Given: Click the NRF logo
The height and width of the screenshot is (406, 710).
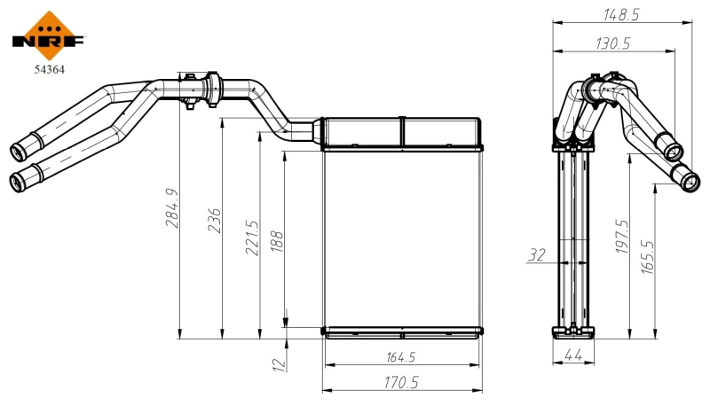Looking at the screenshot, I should pyautogui.click(x=50, y=34).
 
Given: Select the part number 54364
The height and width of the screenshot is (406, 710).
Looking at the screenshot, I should pyautogui.click(x=50, y=66).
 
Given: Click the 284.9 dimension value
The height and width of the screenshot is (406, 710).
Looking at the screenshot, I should pyautogui.click(x=172, y=207).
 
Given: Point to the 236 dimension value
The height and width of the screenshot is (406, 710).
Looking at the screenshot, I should pyautogui.click(x=214, y=221).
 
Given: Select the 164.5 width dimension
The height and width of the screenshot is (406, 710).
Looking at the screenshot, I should pyautogui.click(x=402, y=357).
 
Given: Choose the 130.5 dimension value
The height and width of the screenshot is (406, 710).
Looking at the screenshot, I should pyautogui.click(x=613, y=43).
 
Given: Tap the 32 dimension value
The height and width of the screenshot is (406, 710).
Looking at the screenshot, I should pyautogui.click(x=537, y=255).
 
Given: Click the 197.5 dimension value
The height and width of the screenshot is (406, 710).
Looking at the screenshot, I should pyautogui.click(x=621, y=238).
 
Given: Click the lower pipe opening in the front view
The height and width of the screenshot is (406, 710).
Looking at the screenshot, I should pyautogui.click(x=17, y=182).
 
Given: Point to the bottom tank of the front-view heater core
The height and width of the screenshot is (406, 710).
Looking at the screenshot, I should pyautogui.click(x=402, y=332).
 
